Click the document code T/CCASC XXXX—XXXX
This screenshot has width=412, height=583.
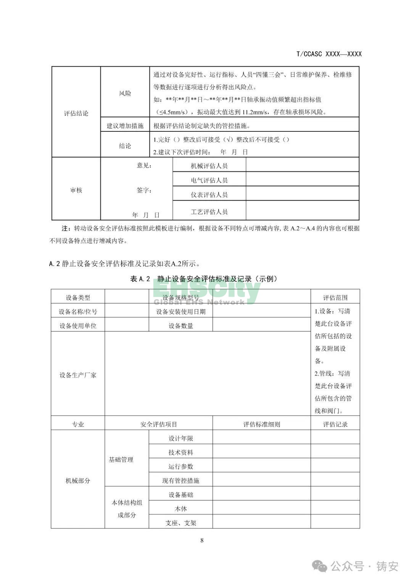328,54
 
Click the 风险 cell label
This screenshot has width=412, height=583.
125,93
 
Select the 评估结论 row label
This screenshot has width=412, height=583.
76,113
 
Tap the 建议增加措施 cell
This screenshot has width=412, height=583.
125,126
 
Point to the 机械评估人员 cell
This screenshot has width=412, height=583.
209,166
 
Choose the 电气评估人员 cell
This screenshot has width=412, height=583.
209,180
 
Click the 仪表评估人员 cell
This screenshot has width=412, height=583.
209,195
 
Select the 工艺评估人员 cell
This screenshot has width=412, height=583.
209,212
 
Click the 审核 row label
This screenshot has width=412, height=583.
76,190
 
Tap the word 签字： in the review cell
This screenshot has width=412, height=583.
144,190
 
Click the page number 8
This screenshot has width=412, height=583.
202,540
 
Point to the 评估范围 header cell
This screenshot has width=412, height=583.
335,297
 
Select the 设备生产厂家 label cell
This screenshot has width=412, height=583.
78,375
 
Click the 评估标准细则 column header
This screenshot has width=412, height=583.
262,424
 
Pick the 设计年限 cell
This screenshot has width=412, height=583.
181,438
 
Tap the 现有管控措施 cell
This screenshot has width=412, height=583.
181,481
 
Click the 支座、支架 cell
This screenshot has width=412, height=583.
181,523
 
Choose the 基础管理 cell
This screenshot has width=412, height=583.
121,460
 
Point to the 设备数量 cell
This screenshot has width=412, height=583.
181,326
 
